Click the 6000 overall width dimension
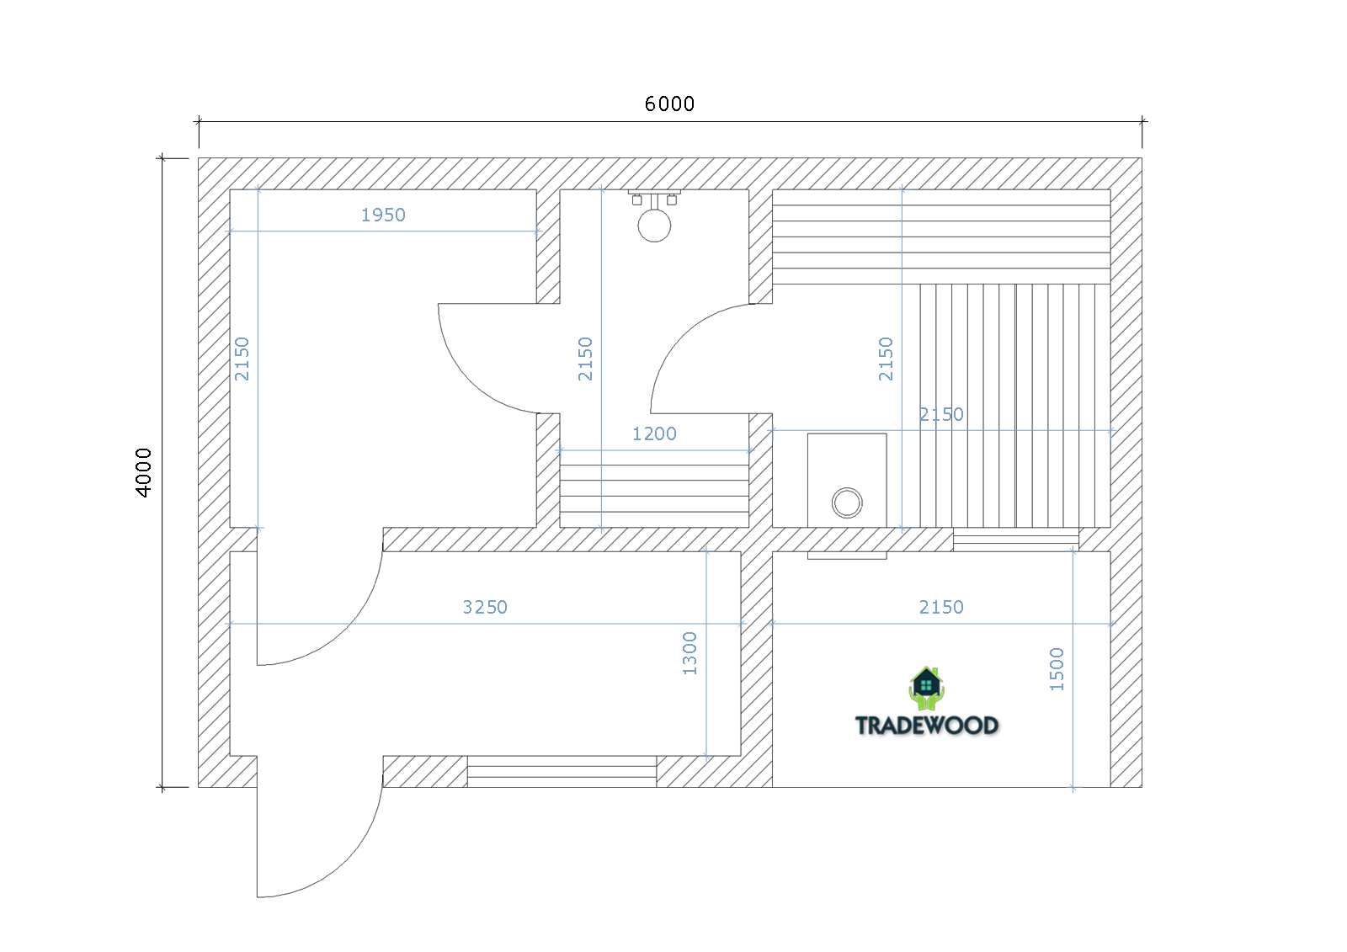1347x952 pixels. click(669, 104)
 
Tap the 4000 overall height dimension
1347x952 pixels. click(143, 473)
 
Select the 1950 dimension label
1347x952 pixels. click(383, 215)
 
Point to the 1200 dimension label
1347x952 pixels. click(654, 433)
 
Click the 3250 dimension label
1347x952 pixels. click(485, 607)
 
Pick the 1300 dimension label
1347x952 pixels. click(689, 653)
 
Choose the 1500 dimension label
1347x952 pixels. click(1056, 668)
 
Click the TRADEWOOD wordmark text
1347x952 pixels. click(927, 726)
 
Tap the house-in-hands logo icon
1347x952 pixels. click(926, 688)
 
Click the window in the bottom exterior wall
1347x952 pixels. click(562, 772)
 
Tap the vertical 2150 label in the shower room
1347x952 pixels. click(584, 359)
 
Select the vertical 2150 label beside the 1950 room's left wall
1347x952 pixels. click(241, 359)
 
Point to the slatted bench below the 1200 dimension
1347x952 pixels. click(654, 496)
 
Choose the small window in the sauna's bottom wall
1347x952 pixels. click(1015, 540)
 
